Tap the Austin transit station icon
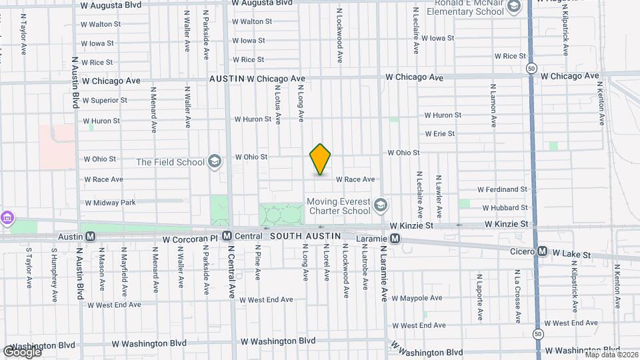[91, 236]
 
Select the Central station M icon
[227, 236]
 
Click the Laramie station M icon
[395, 238]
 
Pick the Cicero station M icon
[542, 251]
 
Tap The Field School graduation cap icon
[215, 161]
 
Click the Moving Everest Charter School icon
[380, 205]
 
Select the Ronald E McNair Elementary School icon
[514, 7]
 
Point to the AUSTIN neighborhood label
[226, 79]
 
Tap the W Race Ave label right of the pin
[355, 179]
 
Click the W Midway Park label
[110, 202]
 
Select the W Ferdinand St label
[502, 190]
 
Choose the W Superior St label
[105, 101]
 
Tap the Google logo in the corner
[21, 351]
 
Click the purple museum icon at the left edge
[7, 218]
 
